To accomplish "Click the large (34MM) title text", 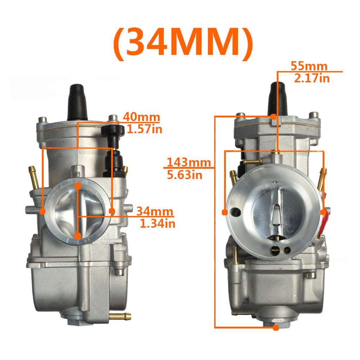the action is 183,44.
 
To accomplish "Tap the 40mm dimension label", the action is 141,117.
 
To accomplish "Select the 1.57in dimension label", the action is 145,129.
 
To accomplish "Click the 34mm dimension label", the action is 155,211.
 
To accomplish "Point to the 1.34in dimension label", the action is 158,223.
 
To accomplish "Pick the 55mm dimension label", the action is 309,66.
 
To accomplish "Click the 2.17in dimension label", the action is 312,78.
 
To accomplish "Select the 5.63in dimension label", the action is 184,175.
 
